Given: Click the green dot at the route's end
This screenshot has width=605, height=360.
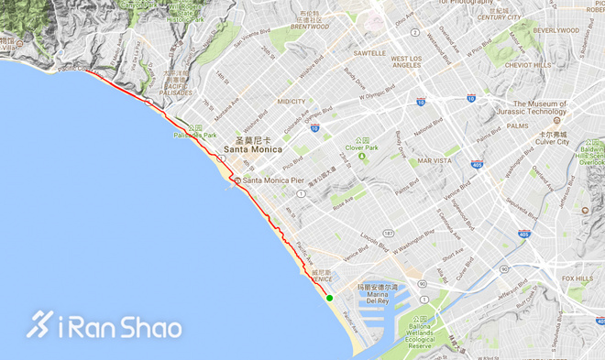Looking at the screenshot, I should [x=329, y=296].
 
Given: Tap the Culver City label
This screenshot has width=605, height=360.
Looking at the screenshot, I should [x=547, y=143].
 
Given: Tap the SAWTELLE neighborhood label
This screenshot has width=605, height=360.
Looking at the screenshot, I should [x=369, y=53].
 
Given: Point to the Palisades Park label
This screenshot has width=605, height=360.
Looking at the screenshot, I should [x=194, y=135].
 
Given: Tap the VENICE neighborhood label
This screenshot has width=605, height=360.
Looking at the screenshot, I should [x=321, y=278].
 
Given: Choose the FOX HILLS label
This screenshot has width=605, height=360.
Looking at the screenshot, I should [x=577, y=278].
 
